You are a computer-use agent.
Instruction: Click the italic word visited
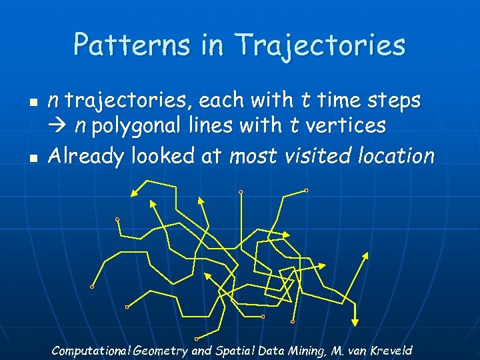319,156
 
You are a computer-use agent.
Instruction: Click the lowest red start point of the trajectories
196,339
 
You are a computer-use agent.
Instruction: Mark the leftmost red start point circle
92,287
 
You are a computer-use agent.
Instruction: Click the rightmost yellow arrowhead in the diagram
365,255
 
